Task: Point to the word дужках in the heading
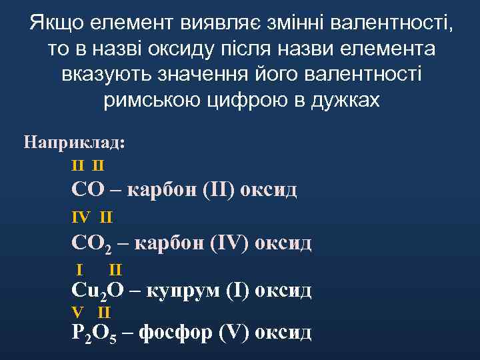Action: tap(346, 100)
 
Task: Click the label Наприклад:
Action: tap(74, 142)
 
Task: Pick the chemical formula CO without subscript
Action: tap(88, 189)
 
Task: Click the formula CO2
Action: tap(91, 243)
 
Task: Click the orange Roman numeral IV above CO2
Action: tap(80, 217)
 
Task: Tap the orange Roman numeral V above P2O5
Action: tap(77, 312)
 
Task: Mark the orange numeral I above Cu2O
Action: tap(80, 270)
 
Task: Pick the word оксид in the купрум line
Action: tap(284, 291)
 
